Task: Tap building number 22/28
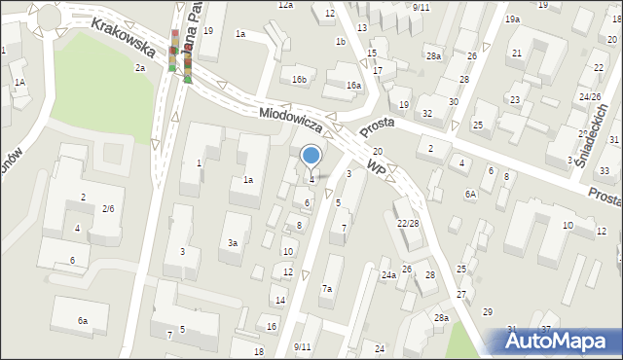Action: (408, 224)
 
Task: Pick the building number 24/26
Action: (590, 97)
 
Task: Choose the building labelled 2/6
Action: (108, 209)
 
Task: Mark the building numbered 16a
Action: (353, 86)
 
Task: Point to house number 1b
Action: (340, 42)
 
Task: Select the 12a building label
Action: (285, 6)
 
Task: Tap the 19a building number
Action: (512, 19)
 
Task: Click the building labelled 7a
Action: (328, 289)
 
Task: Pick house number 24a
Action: (388, 275)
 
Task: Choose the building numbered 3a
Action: (232, 243)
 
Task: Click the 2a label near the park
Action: (140, 68)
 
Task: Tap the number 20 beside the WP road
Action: (377, 152)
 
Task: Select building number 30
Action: (453, 101)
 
